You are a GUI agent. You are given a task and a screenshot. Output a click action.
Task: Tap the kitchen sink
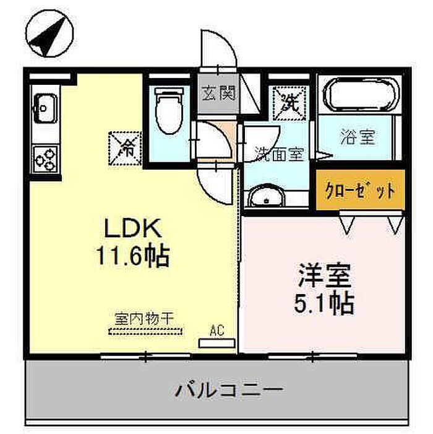pyautogui.click(x=45, y=108)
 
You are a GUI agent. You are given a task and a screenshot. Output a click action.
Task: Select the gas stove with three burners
pyautogui.click(x=45, y=159)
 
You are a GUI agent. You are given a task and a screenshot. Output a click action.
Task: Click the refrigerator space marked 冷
pyautogui.click(x=125, y=149)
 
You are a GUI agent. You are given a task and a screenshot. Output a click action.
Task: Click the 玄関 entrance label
pyautogui.click(x=218, y=93)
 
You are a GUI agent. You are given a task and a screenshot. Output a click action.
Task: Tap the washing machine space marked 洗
pyautogui.click(x=289, y=103)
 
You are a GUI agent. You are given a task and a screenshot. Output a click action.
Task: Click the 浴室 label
pyautogui.click(x=358, y=137)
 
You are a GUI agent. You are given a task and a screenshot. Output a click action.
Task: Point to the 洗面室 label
pyautogui.click(x=280, y=154)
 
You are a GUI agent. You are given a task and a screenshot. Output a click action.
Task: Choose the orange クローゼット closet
pyautogui.click(x=361, y=190)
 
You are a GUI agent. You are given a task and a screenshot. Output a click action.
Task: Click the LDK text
pyautogui.click(x=132, y=228)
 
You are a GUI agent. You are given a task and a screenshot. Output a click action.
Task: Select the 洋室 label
pyautogui.click(x=325, y=276)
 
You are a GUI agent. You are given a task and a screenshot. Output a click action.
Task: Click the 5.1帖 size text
pyautogui.click(x=324, y=303)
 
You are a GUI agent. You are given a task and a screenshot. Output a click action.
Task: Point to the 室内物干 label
pyautogui.click(x=145, y=319)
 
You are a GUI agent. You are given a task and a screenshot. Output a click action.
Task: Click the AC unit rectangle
pyautogui.click(x=216, y=343)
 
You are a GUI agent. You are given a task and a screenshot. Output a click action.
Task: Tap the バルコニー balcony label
pyautogui.click(x=229, y=389)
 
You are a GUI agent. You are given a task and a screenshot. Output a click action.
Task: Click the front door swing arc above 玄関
pyautogui.click(x=226, y=41)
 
